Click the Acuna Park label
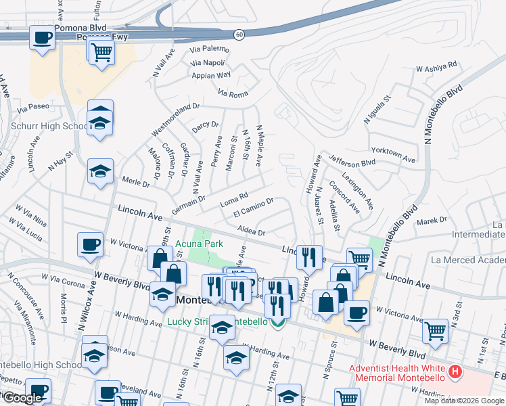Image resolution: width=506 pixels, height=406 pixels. pos(199,244)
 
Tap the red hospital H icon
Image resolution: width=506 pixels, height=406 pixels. pos(456,372)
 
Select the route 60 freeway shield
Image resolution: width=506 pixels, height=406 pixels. pos(239,33)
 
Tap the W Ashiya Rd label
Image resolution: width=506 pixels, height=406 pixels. pos(436,68)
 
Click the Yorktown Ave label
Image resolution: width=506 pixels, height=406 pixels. pos(393,154)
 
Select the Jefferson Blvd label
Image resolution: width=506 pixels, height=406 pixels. pos(352,160)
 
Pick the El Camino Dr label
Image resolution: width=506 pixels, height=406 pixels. pos(253,207)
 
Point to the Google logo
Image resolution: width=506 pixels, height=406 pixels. pos(22,398)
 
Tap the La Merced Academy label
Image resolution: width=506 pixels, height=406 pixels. pos(467,260)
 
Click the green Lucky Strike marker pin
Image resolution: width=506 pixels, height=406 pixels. pos(277,323)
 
